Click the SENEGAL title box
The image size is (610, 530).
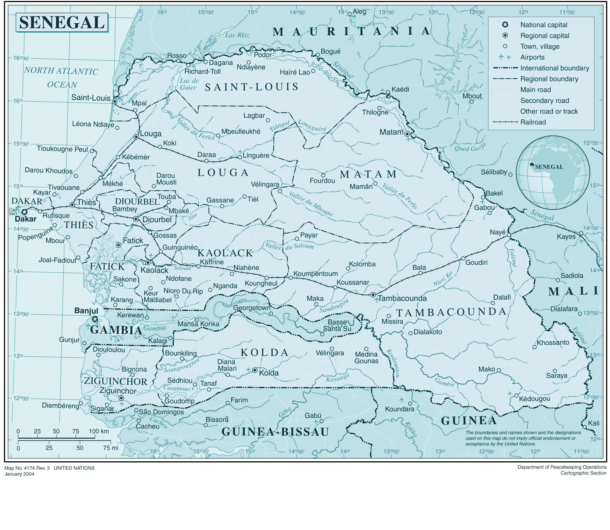coord(62,22)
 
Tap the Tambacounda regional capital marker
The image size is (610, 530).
coord(373,295)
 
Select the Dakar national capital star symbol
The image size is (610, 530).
coord(25,212)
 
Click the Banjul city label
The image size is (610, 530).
coord(86,311)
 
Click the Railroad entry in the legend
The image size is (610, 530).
coord(533,122)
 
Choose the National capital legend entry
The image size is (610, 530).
coord(543,25)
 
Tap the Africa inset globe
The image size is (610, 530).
coord(553,173)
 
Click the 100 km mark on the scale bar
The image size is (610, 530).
coord(99,431)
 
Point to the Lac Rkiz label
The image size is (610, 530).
coord(237,35)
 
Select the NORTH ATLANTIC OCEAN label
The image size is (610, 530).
coord(61,78)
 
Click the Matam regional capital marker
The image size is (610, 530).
coord(407,134)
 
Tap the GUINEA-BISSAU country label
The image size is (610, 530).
coord(275,432)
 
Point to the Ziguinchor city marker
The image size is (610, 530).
coord(121,398)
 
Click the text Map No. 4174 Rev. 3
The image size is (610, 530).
coord(27,468)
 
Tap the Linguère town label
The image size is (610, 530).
coord(256,156)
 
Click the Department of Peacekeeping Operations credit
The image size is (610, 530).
coord(562,467)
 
